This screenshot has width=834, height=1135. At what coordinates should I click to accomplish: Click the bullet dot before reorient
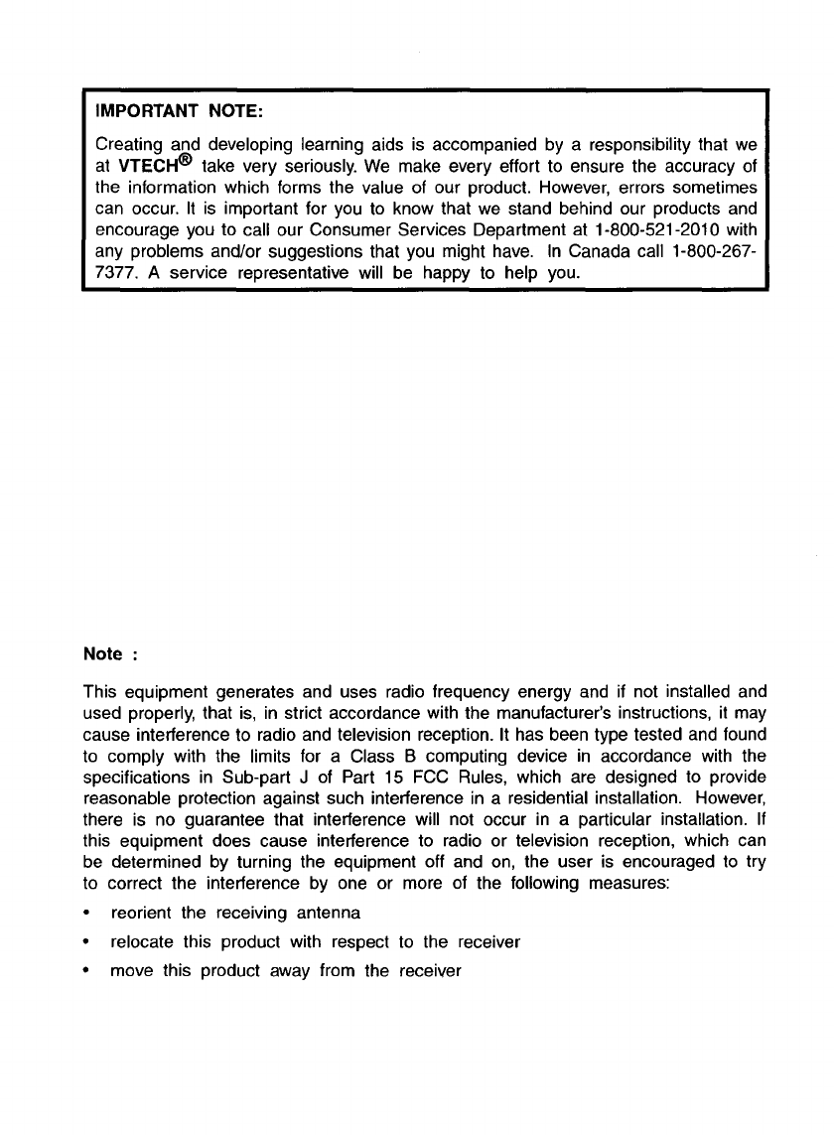(89, 914)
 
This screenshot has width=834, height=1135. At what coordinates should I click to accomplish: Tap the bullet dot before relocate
(89, 942)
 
